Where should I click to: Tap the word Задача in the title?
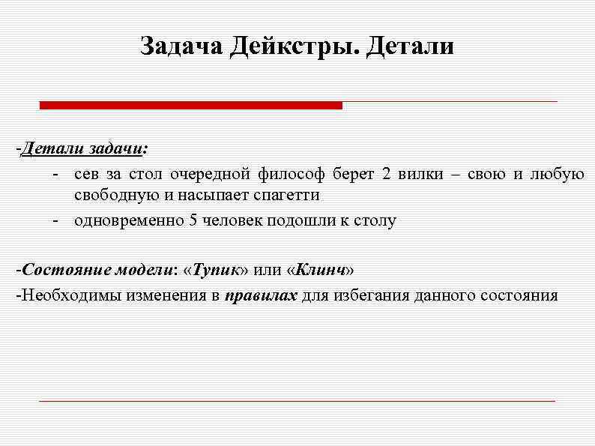[x=181, y=46]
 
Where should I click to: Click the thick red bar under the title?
[x=190, y=106]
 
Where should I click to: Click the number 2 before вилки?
[x=386, y=175]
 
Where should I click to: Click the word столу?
[x=376, y=221]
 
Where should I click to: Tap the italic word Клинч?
[x=320, y=269]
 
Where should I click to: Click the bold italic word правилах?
[x=261, y=295]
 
